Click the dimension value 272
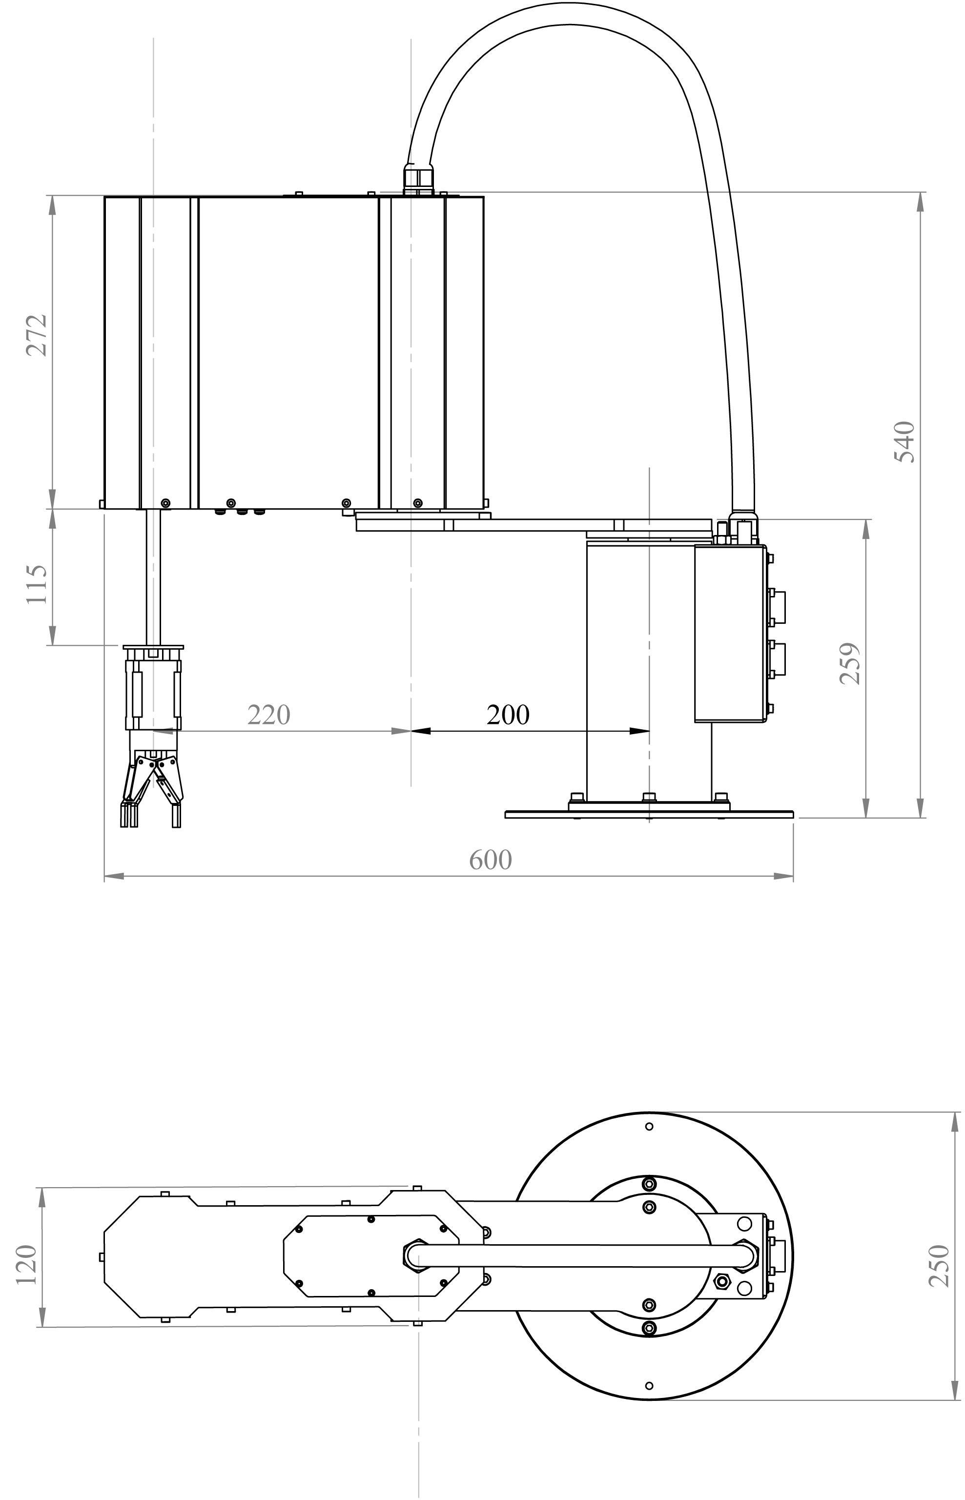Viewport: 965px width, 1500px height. pyautogui.click(x=36, y=335)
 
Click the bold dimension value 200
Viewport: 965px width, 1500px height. pyautogui.click(x=508, y=714)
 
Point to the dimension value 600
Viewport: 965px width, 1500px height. pyautogui.click(x=491, y=860)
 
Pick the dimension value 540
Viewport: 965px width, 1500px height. pyautogui.click(x=903, y=442)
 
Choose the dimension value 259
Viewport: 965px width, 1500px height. pyautogui.click(x=850, y=663)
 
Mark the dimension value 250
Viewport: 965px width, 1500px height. pyautogui.click(x=939, y=1266)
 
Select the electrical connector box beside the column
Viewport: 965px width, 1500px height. pyautogui.click(x=730, y=633)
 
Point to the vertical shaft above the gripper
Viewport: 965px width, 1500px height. pyautogui.click(x=154, y=576)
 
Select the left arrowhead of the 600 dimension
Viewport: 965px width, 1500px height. pyautogui.click(x=113, y=876)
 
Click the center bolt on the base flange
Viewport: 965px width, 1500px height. pyautogui.click(x=649, y=797)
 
